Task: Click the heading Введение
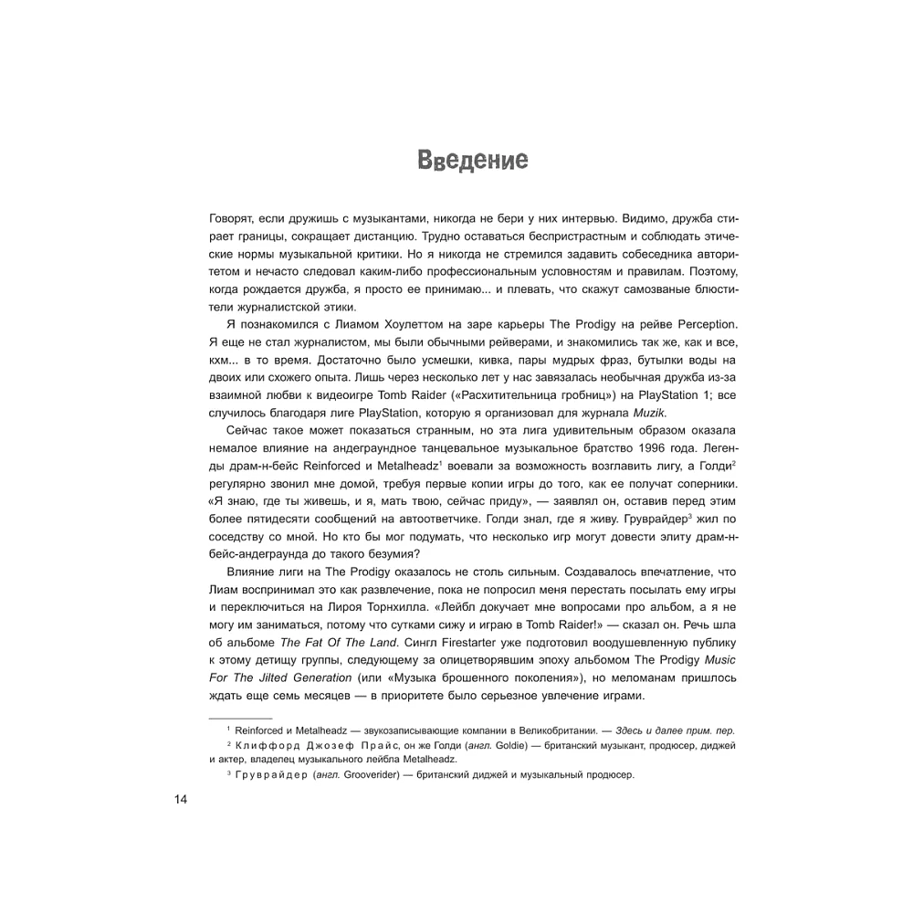472,161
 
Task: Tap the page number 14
180,800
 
